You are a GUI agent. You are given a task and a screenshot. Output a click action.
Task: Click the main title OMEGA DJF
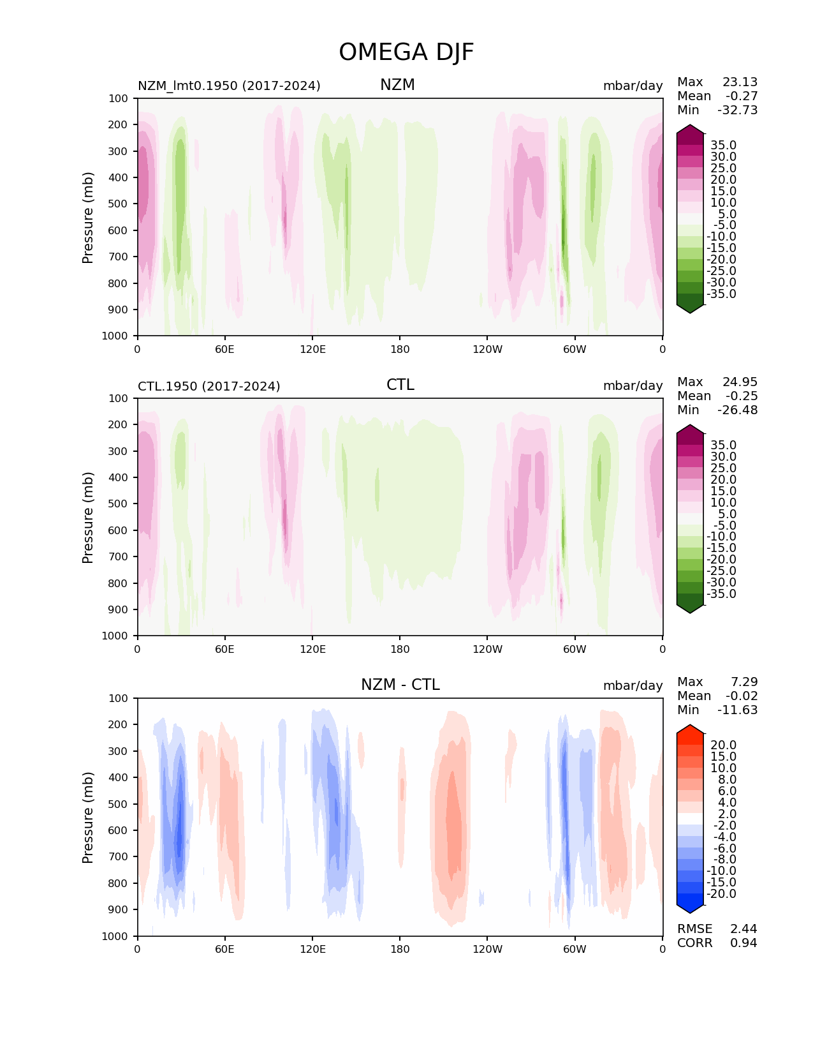[406, 52]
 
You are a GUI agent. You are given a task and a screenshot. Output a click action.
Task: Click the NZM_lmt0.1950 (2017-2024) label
[229, 86]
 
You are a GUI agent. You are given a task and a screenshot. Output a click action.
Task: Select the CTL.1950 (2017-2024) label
[209, 386]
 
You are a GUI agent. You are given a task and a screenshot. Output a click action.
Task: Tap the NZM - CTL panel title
[400, 685]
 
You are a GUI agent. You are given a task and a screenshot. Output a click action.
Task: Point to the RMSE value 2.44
[743, 929]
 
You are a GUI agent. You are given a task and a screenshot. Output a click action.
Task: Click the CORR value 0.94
[743, 943]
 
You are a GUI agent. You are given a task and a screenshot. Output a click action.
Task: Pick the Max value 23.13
[740, 82]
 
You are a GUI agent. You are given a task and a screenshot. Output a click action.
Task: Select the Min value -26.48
[737, 410]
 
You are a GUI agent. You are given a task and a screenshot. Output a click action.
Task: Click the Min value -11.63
[737, 710]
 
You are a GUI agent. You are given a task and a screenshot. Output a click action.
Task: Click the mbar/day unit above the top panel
[633, 86]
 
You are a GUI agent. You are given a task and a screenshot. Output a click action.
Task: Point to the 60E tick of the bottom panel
[224, 949]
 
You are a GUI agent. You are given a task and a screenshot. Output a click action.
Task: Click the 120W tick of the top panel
[487, 349]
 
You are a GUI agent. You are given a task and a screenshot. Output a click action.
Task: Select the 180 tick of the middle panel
[400, 649]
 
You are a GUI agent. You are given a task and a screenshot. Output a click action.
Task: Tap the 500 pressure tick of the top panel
[119, 204]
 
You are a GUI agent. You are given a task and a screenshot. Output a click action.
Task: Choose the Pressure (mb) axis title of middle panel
[88, 517]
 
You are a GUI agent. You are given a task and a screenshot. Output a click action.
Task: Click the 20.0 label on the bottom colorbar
[723, 745]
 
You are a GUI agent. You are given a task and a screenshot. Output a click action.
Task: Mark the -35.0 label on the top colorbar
[721, 294]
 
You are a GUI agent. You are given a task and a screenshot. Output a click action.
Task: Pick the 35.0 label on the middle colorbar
[723, 445]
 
